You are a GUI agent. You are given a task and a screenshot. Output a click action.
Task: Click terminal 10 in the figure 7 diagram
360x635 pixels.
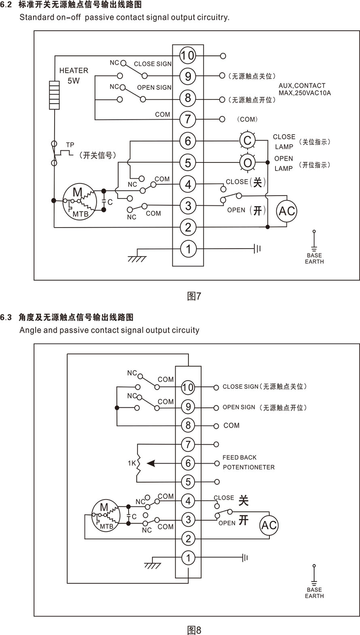[x=188, y=55]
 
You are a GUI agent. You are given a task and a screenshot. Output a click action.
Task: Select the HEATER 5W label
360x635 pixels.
[x=74, y=76]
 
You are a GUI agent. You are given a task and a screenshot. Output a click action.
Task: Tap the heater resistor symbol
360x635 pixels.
[x=54, y=95]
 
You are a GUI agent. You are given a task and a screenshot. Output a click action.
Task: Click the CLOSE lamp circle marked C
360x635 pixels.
[x=248, y=141]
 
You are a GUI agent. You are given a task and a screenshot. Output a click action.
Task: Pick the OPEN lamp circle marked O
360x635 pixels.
[x=248, y=163]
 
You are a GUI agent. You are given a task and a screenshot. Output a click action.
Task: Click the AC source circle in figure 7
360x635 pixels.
[x=287, y=211]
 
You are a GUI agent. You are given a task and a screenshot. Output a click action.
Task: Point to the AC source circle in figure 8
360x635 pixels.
[x=269, y=525]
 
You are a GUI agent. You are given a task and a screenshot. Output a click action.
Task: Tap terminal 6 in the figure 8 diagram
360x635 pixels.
[x=188, y=463]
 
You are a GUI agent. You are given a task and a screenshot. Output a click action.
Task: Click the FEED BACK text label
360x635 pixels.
[x=239, y=458]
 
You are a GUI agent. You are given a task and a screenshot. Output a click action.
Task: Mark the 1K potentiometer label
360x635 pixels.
[x=132, y=463]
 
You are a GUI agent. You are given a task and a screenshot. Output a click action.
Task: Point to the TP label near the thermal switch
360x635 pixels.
[x=70, y=145]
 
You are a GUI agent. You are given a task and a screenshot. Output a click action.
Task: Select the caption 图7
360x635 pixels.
[x=194, y=296]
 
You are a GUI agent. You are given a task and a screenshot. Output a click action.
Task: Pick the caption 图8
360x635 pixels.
[x=194, y=630]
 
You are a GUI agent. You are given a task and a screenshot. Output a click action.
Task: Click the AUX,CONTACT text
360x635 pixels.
[x=302, y=86]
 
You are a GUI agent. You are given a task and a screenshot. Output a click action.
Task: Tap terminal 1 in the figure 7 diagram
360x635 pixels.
[x=188, y=249]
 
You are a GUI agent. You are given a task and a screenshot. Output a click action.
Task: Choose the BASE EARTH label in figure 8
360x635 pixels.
[x=314, y=593]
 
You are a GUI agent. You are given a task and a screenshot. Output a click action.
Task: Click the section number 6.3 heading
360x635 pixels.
[x=6, y=317]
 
